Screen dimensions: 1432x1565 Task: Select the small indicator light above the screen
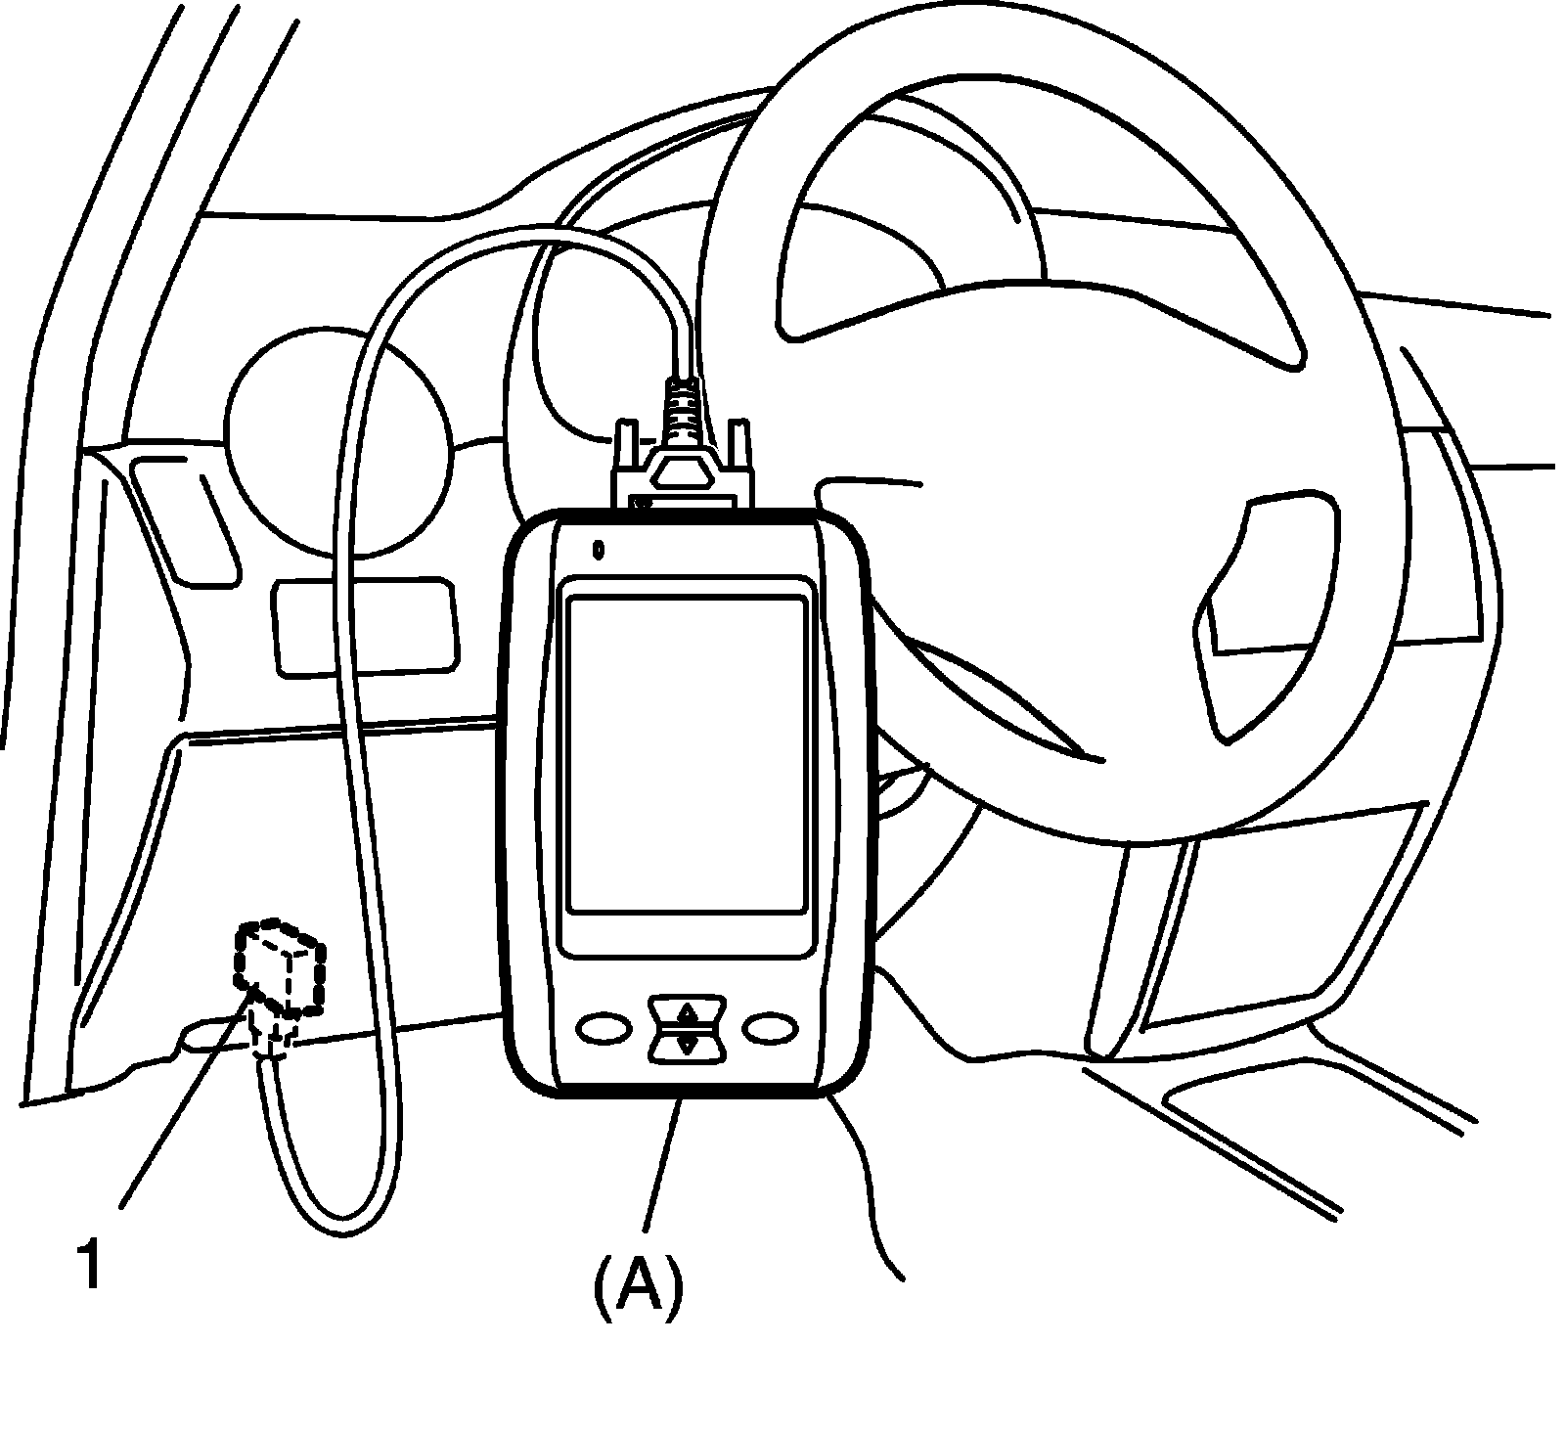[598, 550]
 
